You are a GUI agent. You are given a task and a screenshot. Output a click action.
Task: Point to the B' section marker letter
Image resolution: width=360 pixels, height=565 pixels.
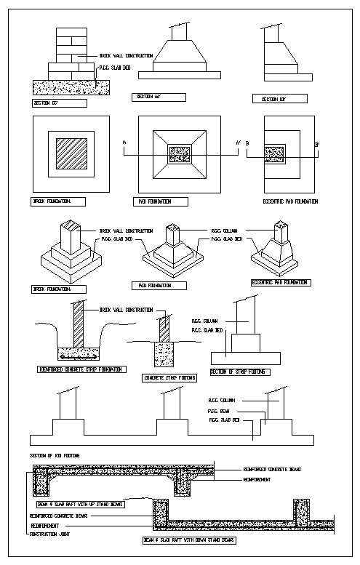pos(317,145)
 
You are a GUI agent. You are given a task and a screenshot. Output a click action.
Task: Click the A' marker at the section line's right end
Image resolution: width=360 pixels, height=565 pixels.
pos(238,143)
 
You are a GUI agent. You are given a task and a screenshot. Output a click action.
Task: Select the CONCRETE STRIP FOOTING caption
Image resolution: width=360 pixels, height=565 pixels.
pos(170,379)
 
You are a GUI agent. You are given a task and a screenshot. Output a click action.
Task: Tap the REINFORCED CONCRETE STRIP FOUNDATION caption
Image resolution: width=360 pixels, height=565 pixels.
pos(81,369)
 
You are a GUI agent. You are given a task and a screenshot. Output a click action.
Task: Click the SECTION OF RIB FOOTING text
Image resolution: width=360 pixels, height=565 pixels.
pos(55,455)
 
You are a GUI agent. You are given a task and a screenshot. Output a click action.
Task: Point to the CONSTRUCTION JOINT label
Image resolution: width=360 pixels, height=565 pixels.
pos(50,534)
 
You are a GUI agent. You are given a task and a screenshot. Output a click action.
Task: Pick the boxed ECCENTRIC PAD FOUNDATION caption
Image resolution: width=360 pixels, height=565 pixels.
pos(280,282)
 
